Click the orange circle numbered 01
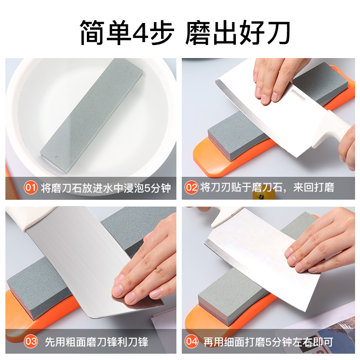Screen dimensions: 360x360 31,188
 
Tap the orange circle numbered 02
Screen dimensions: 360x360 192,188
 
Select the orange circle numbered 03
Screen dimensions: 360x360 31,342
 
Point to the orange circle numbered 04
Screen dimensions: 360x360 192,342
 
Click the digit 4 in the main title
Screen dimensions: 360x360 140,32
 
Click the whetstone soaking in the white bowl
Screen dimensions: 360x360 91,116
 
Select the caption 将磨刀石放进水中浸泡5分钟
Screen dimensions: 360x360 106,188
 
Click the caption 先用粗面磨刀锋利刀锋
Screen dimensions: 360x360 96,342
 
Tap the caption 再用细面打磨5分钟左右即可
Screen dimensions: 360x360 268,342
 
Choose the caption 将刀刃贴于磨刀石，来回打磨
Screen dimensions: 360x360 267,188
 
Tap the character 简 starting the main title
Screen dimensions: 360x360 92,32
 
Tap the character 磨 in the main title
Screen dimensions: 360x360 198,32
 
